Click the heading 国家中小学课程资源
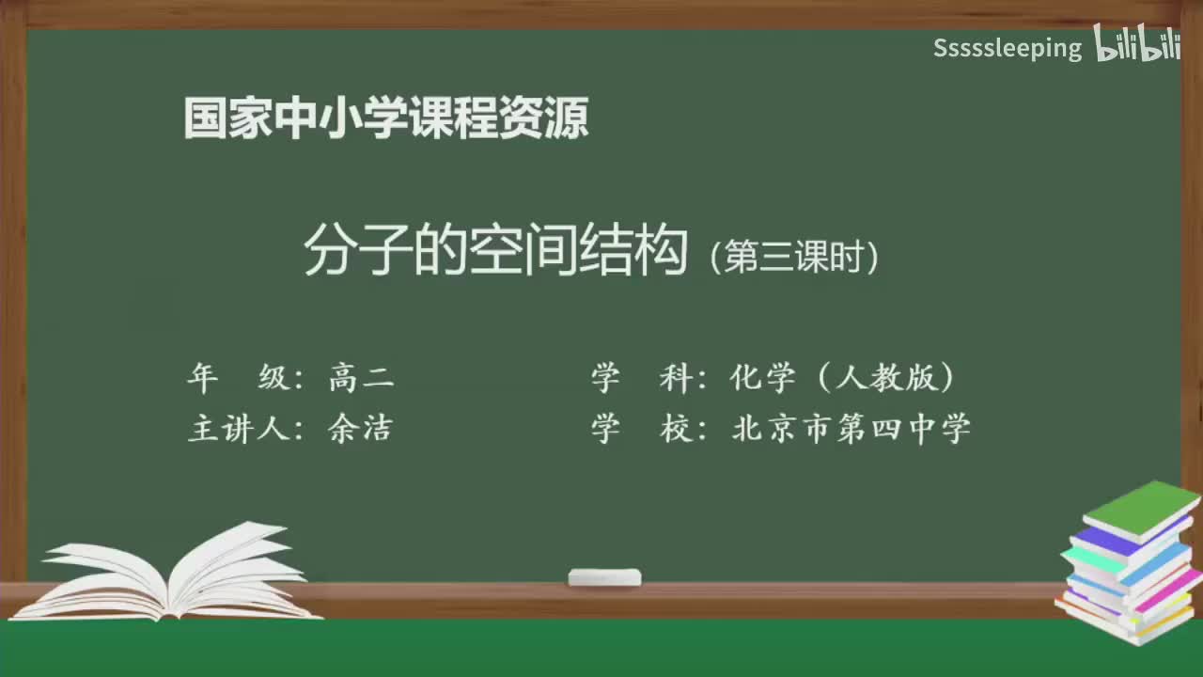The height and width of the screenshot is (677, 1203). click(x=386, y=120)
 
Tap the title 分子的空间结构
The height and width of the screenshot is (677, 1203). click(x=496, y=252)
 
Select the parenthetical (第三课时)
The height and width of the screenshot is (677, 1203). click(x=795, y=257)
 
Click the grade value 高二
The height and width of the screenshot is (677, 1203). click(x=362, y=378)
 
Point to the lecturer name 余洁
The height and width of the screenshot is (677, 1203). click(x=360, y=429)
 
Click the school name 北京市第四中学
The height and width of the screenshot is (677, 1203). click(x=851, y=429)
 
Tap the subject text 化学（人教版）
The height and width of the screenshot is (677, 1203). click(x=843, y=378)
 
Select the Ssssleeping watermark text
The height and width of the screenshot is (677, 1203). click(x=1008, y=49)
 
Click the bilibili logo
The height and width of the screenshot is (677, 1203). click(x=1137, y=45)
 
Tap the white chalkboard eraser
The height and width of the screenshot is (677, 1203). click(x=604, y=577)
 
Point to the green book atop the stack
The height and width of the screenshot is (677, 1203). click(x=1141, y=509)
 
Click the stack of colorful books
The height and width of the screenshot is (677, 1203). click(x=1128, y=564)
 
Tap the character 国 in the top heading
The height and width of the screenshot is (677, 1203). click(x=204, y=120)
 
